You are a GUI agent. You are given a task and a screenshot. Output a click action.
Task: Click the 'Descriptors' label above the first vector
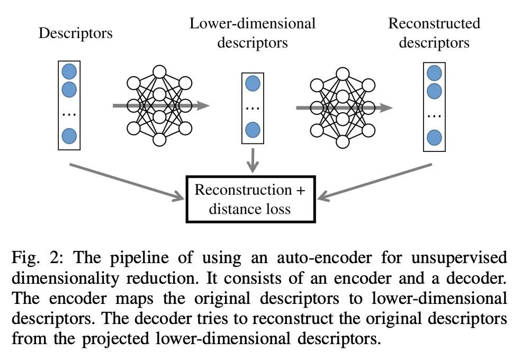(76, 34)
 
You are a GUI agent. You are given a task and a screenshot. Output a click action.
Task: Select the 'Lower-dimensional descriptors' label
(253, 33)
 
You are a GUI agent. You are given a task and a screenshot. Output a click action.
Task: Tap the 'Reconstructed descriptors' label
(434, 33)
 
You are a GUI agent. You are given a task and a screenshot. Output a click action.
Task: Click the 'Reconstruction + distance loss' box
(250, 199)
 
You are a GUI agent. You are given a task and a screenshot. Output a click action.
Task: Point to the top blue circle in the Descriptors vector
(69, 71)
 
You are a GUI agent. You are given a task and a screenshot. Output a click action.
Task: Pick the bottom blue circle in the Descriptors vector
(69, 136)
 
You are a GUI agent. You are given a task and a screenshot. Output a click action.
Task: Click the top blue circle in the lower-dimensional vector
(253, 83)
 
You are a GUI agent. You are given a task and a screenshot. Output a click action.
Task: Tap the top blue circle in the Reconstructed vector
(434, 73)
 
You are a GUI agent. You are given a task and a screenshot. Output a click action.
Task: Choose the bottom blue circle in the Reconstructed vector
(434, 137)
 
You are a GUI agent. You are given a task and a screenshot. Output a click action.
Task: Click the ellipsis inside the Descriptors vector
(69, 113)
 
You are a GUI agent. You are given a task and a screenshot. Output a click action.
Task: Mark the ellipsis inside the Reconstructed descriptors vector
(434, 114)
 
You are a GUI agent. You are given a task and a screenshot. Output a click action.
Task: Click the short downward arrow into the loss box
(253, 160)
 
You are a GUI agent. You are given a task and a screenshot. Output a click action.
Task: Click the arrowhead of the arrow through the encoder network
(203, 106)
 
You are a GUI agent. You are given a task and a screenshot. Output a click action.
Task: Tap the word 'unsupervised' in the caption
(460, 258)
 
